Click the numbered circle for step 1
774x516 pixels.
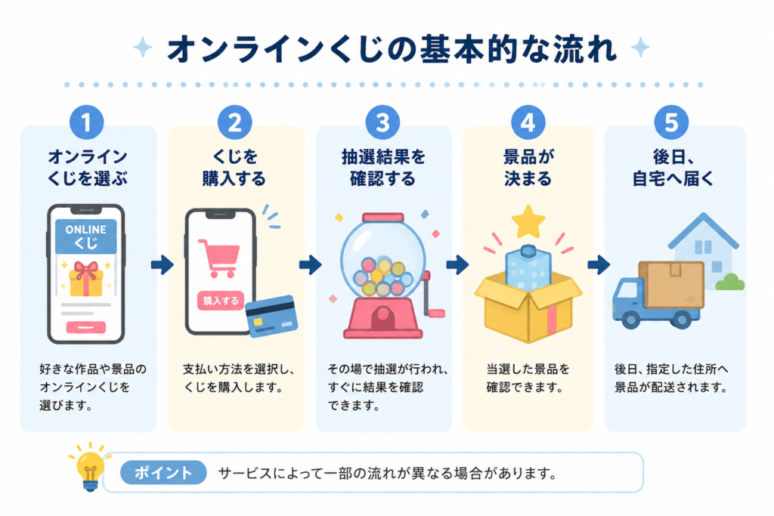pyautogui.click(x=86, y=122)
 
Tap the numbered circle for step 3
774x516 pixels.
pyautogui.click(x=382, y=122)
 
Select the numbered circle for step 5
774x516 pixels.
pyautogui.click(x=671, y=122)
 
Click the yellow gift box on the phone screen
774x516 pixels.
pyautogui.click(x=86, y=279)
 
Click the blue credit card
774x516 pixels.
pyautogui.click(x=271, y=317)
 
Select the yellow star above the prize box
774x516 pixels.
pyautogui.click(x=528, y=222)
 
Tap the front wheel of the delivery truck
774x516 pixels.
pyautogui.click(x=631, y=319)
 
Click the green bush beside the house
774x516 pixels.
pyautogui.click(x=729, y=282)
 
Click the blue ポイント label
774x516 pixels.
pyautogui.click(x=163, y=473)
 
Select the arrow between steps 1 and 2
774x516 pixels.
pyautogui.click(x=163, y=265)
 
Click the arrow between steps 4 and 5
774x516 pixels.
pyautogui.click(x=599, y=265)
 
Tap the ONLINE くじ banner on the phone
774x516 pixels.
pyautogui.click(x=86, y=236)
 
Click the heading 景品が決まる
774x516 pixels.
pyautogui.click(x=528, y=168)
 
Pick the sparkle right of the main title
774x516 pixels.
pyautogui.click(x=640, y=48)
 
